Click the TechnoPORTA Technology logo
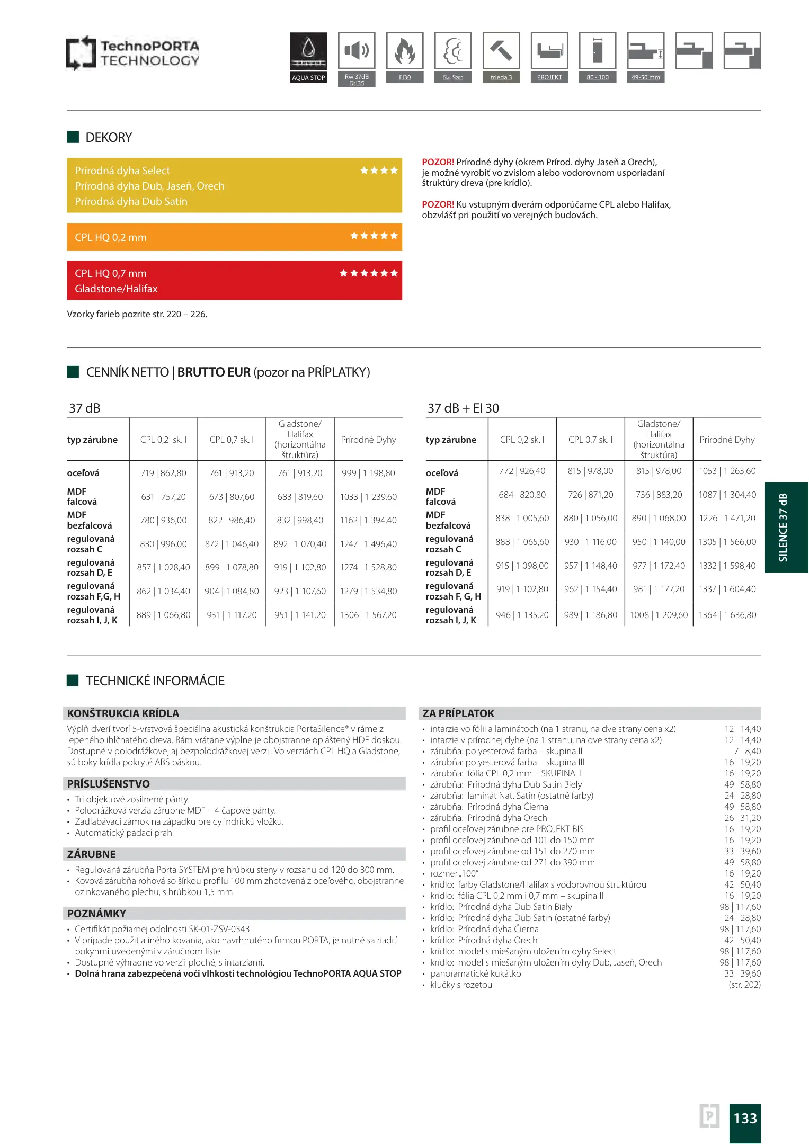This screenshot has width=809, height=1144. (x=132, y=53)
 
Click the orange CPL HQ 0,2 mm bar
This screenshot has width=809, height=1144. (x=234, y=237)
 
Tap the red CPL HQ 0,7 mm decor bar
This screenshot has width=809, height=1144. (x=234, y=280)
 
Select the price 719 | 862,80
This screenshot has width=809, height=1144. (x=163, y=473)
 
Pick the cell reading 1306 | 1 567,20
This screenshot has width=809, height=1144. (x=368, y=615)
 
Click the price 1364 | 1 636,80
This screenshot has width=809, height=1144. (x=727, y=615)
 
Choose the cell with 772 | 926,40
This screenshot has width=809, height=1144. (x=522, y=471)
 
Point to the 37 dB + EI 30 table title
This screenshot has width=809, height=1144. (x=463, y=408)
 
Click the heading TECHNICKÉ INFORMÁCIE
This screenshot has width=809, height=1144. (x=155, y=681)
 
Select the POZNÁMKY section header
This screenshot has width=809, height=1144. (x=96, y=914)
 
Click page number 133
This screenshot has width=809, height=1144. (x=745, y=1118)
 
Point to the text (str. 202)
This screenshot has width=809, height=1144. (x=744, y=985)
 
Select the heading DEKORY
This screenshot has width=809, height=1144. (x=109, y=138)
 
